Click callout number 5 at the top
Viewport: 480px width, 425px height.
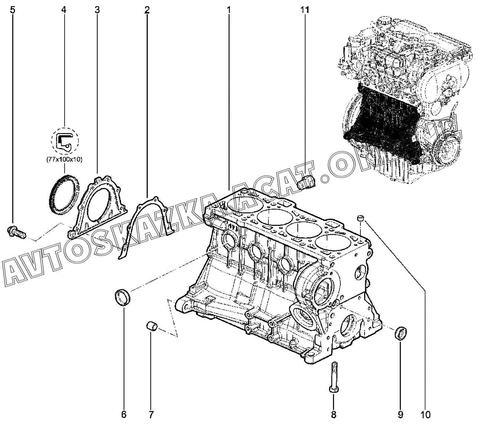13,10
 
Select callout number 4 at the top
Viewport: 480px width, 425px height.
64,10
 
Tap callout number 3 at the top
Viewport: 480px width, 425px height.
97,10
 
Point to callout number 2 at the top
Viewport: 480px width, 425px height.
147,10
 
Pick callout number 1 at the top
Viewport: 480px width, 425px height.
229,10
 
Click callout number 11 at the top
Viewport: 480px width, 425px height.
305,10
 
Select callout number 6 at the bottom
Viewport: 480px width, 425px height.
124,414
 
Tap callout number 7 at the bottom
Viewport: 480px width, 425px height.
151,414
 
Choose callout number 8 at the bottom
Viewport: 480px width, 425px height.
333,414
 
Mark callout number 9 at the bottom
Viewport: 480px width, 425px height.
400,414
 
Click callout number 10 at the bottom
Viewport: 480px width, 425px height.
425,414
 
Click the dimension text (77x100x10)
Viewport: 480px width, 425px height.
64,160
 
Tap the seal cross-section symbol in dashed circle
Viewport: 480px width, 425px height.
65,141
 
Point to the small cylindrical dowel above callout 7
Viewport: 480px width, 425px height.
151,326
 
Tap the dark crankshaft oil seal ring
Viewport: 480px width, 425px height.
64,194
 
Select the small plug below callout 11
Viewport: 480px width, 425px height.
307,183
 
